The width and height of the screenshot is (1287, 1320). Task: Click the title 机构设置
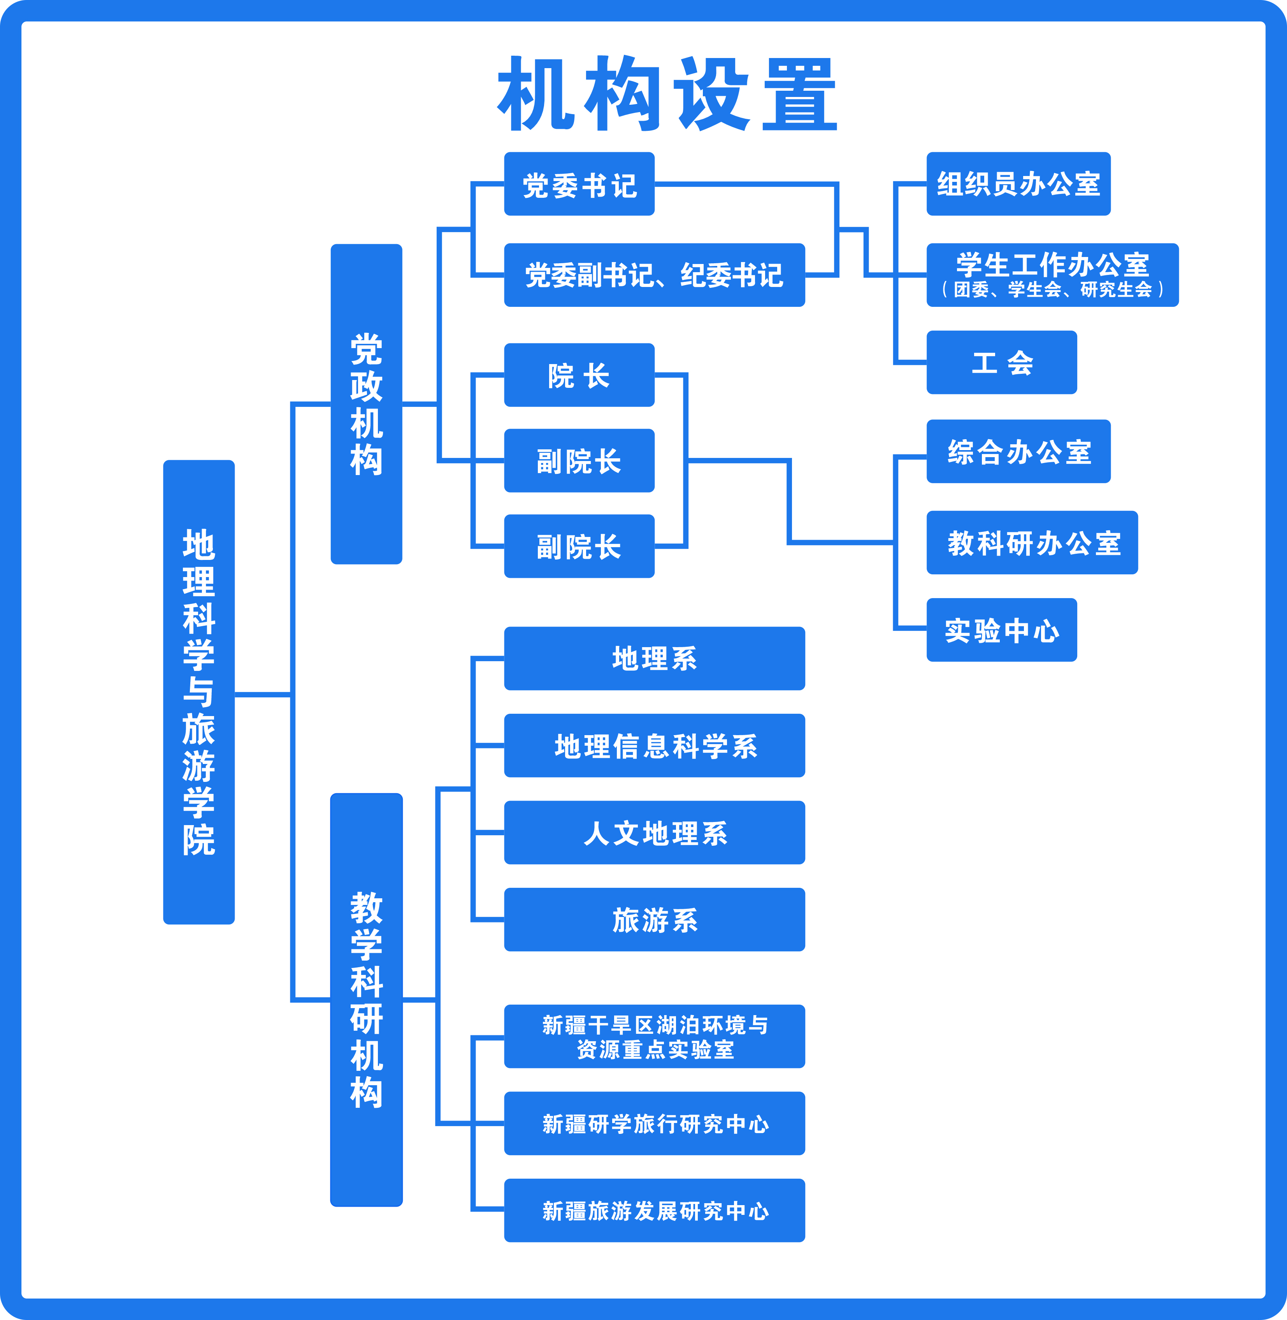pyautogui.click(x=667, y=93)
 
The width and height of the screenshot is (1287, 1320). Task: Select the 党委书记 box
pyautogui.click(x=579, y=184)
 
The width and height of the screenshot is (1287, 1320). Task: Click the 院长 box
pyautogui.click(x=579, y=375)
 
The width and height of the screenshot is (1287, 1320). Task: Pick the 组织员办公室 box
pyautogui.click(x=1018, y=184)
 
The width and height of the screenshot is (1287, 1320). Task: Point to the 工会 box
pyautogui.click(x=1001, y=363)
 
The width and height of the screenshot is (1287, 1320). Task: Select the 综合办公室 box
pyautogui.click(x=1018, y=451)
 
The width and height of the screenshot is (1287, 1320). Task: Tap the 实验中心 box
pyautogui.click(x=1001, y=630)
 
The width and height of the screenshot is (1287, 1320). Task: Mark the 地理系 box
pyautogui.click(x=654, y=658)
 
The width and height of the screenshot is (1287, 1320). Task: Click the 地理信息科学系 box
pyautogui.click(x=654, y=745)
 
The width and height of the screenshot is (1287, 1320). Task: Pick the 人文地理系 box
pyautogui.click(x=654, y=832)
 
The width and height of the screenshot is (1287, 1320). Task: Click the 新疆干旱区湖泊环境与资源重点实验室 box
pyautogui.click(x=654, y=1037)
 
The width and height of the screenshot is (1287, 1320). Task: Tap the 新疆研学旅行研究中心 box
pyautogui.click(x=654, y=1123)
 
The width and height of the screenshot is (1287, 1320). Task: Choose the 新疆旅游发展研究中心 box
pyautogui.click(x=654, y=1211)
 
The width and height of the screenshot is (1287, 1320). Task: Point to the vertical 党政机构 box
pyautogui.click(x=366, y=404)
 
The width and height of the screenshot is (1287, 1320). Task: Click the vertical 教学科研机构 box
pyautogui.click(x=366, y=1000)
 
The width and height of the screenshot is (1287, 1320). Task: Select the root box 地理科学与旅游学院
pyautogui.click(x=199, y=692)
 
